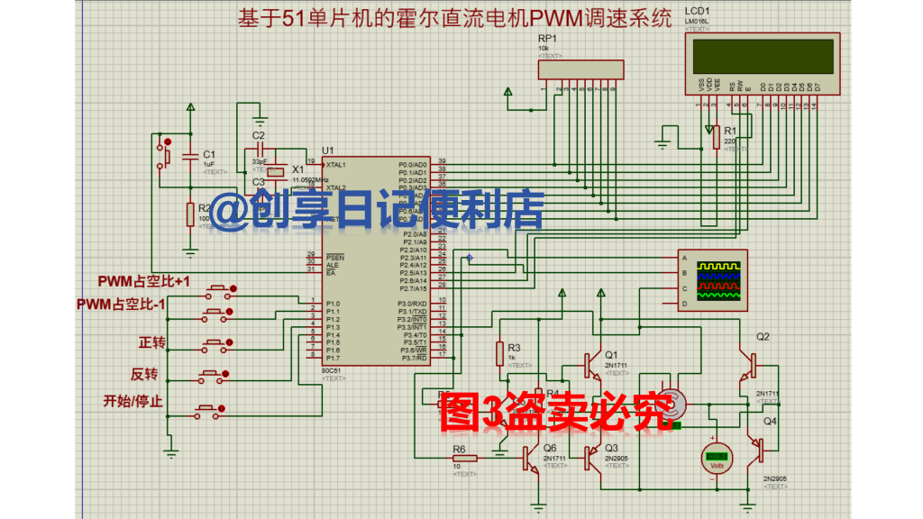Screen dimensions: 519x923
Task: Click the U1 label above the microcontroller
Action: point(328,150)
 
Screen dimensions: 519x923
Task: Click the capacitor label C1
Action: point(209,154)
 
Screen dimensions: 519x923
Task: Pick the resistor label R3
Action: point(514,348)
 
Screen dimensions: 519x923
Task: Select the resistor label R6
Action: point(459,449)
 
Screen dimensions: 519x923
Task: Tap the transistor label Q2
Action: point(763,336)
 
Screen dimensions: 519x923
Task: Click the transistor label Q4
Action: point(771,421)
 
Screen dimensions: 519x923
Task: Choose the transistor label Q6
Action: point(550,448)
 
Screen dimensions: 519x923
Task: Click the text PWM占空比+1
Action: point(144,282)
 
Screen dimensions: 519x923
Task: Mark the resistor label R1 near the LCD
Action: point(731,131)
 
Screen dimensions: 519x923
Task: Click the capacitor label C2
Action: point(259,135)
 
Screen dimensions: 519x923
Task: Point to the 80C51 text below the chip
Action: point(331,370)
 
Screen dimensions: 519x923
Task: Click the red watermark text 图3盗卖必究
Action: point(557,410)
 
